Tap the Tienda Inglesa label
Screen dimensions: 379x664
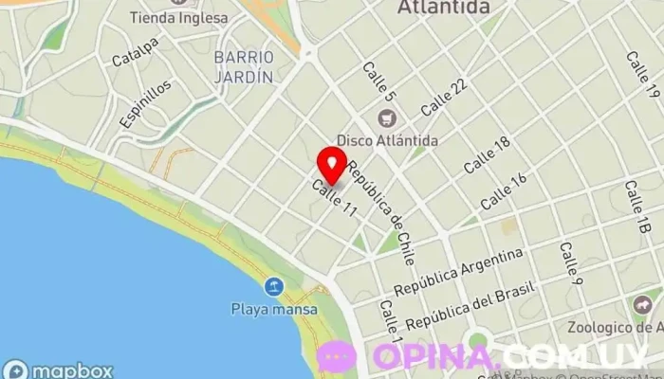coord(179,18)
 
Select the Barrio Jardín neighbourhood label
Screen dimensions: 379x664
coord(244,66)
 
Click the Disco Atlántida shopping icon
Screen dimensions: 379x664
coord(385,119)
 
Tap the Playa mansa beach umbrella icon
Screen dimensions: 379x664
coord(273,286)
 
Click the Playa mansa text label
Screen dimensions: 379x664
coord(266,308)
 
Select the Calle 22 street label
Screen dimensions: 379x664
coord(444,97)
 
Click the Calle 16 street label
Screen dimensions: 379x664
coord(504,192)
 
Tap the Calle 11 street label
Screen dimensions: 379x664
coord(334,201)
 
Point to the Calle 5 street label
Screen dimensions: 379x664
coord(377,82)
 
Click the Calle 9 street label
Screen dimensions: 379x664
coord(570,263)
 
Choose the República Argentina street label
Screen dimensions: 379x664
coord(459,271)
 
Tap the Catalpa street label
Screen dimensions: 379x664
coord(136,53)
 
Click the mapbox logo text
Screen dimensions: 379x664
coord(71,370)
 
